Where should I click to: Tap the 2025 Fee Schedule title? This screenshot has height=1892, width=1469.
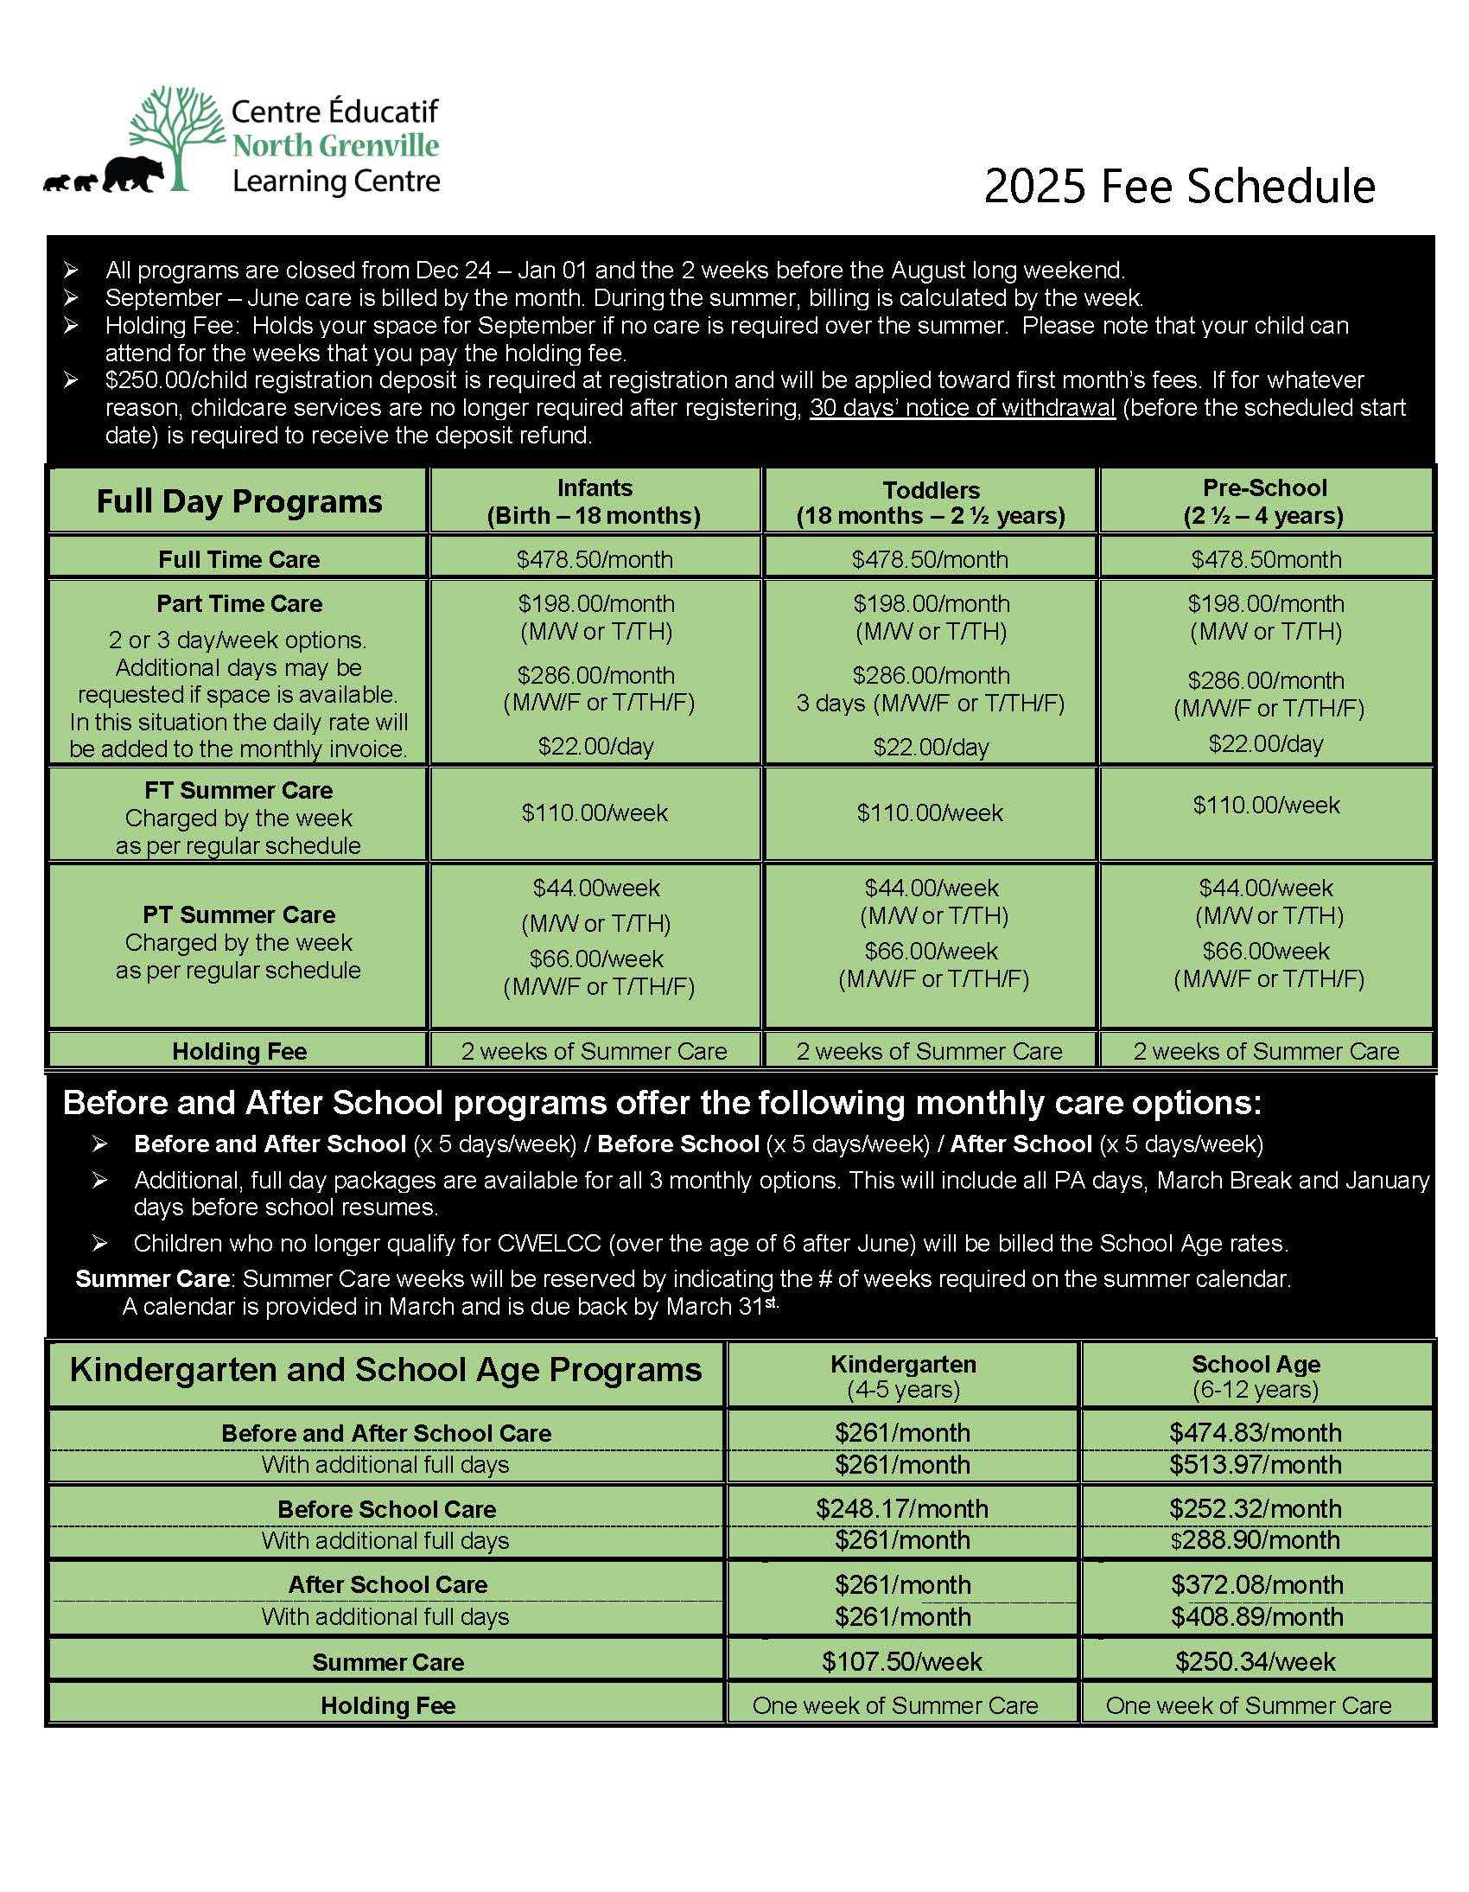pyautogui.click(x=1179, y=186)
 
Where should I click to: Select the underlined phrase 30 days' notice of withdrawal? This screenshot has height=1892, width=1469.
pyautogui.click(x=962, y=408)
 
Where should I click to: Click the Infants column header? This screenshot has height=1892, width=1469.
pyautogui.click(x=595, y=501)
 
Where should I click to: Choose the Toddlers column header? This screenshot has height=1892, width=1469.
pyautogui.click(x=931, y=502)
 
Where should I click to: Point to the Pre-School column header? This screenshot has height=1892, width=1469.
pyautogui.click(x=1263, y=501)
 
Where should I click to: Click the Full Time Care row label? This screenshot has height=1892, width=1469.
pyautogui.click(x=239, y=559)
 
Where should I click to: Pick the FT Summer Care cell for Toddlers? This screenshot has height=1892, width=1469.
pyautogui.click(x=930, y=812)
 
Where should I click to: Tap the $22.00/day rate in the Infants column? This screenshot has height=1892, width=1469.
pyautogui.click(x=595, y=746)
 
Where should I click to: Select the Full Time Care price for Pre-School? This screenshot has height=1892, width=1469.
pyautogui.click(x=1265, y=559)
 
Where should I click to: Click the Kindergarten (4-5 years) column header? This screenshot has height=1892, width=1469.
pyautogui.click(x=902, y=1377)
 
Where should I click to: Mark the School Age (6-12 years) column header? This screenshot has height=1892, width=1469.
pyautogui.click(x=1255, y=1377)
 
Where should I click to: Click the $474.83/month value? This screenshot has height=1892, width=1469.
pyautogui.click(x=1255, y=1433)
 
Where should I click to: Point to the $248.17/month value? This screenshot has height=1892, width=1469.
pyautogui.click(x=901, y=1508)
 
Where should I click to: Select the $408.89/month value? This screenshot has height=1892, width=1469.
pyautogui.click(x=1256, y=1616)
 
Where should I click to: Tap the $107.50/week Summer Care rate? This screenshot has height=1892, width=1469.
pyautogui.click(x=901, y=1661)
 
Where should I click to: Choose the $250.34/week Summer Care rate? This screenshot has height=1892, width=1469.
pyautogui.click(x=1255, y=1661)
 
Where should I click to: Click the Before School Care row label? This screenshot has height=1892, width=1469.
pyautogui.click(x=386, y=1509)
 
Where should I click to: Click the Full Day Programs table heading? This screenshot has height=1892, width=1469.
pyautogui.click(x=239, y=501)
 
